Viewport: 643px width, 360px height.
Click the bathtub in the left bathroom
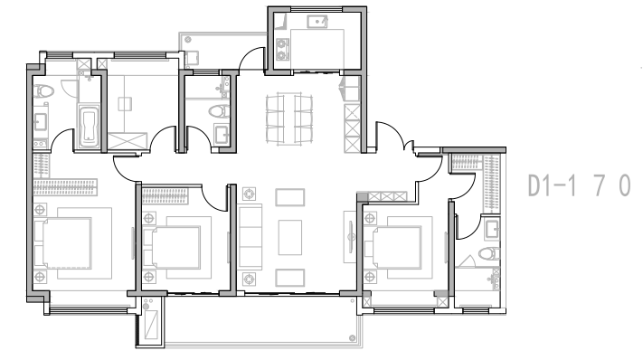(x=89, y=125)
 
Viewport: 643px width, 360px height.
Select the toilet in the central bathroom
(x=219, y=111)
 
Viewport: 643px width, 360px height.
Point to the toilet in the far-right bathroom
(x=489, y=253)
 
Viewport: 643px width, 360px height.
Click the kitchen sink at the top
(x=317, y=21)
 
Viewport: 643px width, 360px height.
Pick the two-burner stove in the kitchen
(x=282, y=49)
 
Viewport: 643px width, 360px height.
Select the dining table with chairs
(x=289, y=118)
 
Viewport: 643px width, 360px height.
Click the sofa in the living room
(x=250, y=237)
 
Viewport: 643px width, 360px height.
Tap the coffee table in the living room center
(x=290, y=237)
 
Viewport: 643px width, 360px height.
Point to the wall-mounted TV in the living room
(x=351, y=237)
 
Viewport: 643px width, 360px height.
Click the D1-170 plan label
(x=579, y=185)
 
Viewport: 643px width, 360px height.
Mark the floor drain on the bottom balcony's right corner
(x=352, y=338)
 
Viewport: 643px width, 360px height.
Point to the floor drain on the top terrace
(x=188, y=40)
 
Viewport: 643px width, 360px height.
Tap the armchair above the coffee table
(x=290, y=197)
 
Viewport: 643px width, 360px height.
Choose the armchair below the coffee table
(x=290, y=278)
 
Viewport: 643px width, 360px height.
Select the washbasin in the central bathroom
(x=222, y=134)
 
